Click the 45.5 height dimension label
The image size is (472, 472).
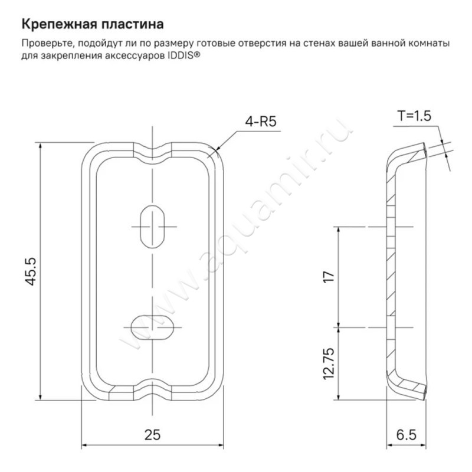pyautogui.click(x=31, y=271)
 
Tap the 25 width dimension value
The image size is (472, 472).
pyautogui.click(x=152, y=435)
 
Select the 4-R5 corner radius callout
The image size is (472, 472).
pyautogui.click(x=261, y=122)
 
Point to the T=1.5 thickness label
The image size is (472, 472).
pyautogui.click(x=414, y=116)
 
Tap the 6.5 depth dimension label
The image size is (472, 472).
pyautogui.click(x=406, y=435)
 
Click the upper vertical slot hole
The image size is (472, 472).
pyautogui.click(x=153, y=227)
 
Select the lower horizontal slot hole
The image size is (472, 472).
pyautogui.click(x=153, y=327)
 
